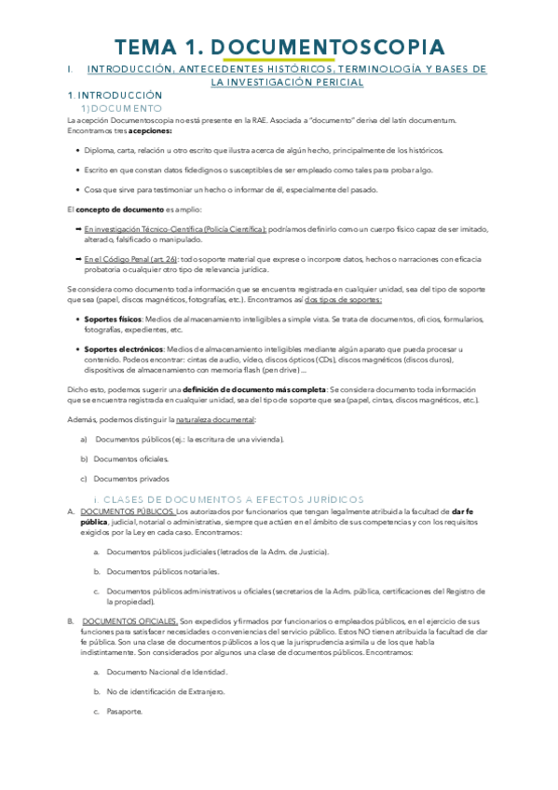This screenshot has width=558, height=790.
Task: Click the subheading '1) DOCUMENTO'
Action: coord(121,108)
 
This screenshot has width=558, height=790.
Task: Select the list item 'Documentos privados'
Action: coord(131,479)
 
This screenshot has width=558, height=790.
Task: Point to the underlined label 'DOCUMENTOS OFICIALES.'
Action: coord(129,620)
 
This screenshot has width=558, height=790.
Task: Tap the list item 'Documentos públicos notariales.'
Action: coord(163,570)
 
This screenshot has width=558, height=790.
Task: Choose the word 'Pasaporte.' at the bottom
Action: coord(125,712)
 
